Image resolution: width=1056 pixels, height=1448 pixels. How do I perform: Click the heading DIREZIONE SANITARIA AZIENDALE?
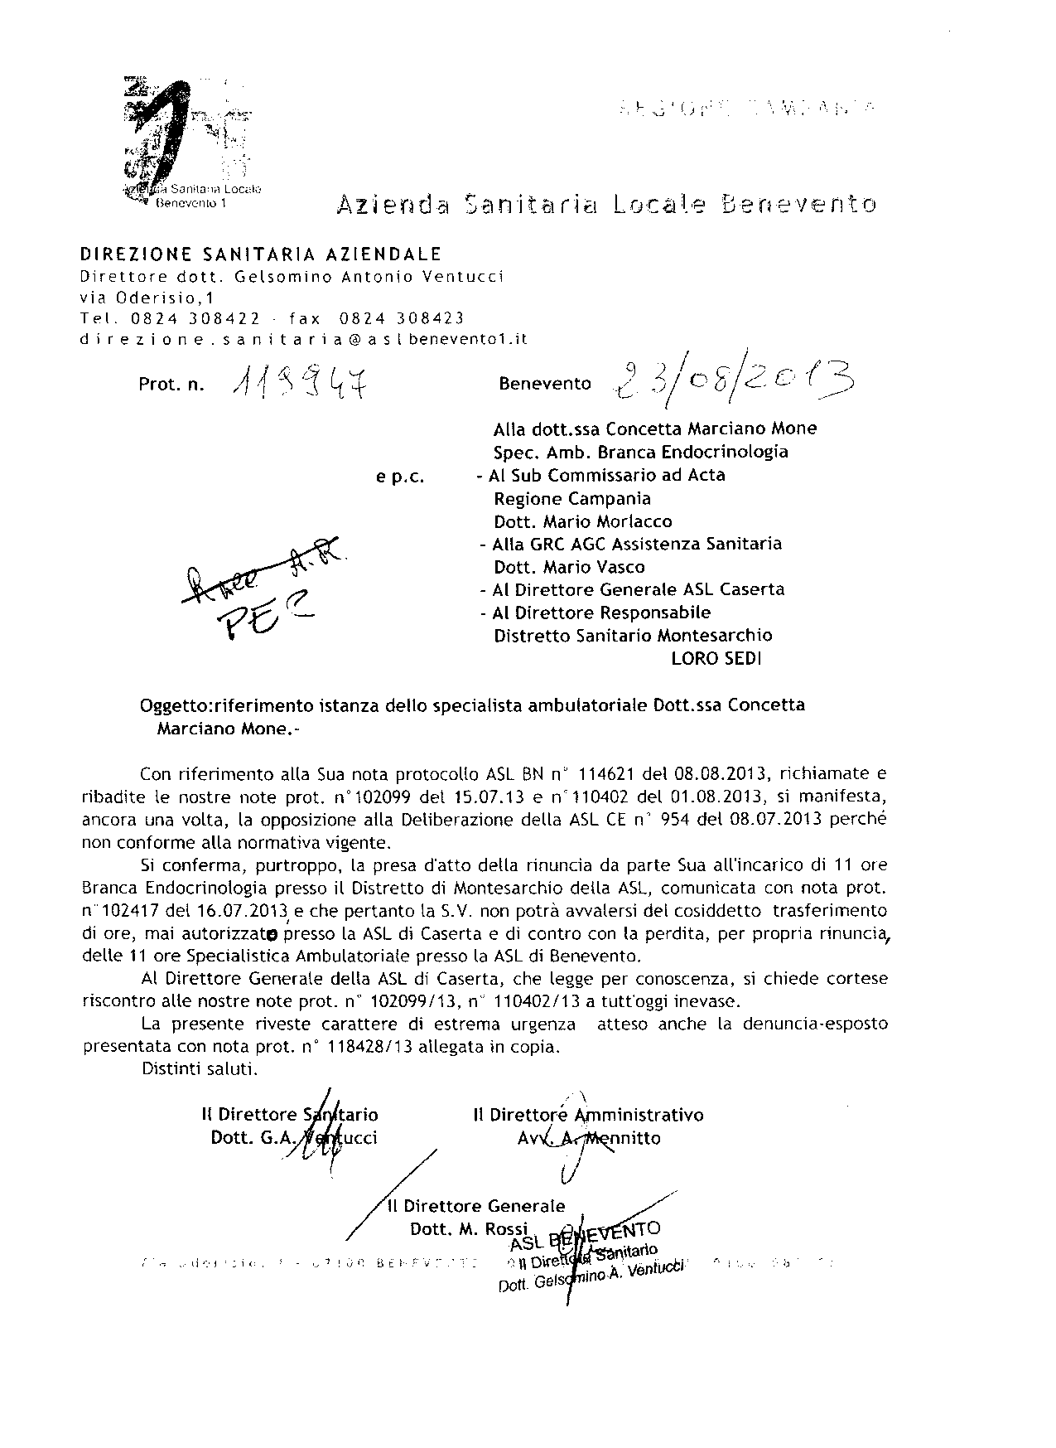click(x=260, y=254)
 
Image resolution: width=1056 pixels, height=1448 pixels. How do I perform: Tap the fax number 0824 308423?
click(x=402, y=318)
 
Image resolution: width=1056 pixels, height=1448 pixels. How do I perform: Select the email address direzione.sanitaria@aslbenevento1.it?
click(x=304, y=339)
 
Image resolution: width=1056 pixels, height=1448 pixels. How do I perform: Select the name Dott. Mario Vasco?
click(x=569, y=568)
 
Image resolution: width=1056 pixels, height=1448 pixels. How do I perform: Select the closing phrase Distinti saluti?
click(x=200, y=1069)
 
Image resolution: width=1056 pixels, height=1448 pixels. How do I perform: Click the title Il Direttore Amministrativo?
click(x=588, y=1115)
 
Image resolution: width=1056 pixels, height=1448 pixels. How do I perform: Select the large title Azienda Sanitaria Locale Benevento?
click(x=605, y=204)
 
